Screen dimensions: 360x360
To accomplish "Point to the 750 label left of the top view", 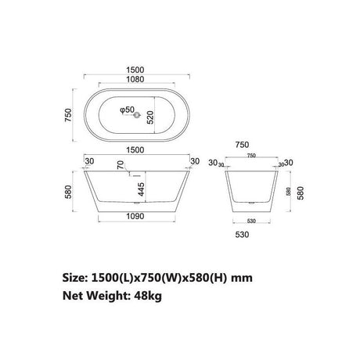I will point(69,117).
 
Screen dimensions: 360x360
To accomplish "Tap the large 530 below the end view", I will point(252,233).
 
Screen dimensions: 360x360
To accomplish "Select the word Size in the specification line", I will point(76,277).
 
